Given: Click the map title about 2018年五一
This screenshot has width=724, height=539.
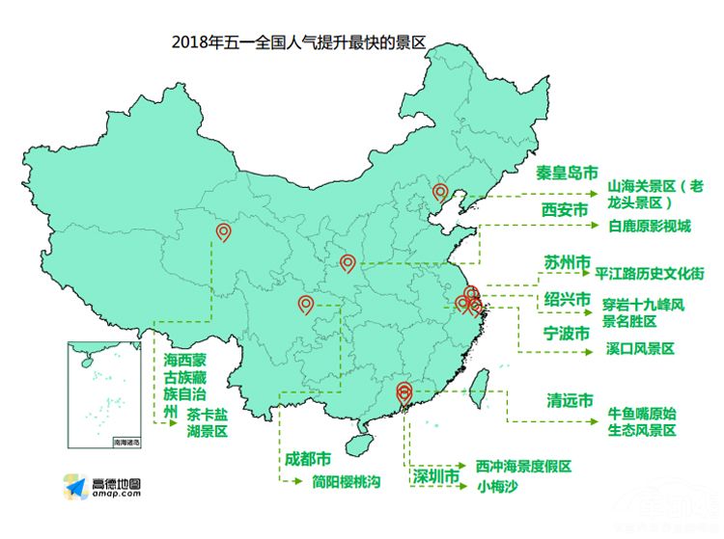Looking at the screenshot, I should tap(297, 41).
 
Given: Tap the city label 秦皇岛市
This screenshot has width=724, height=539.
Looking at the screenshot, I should tap(566, 174).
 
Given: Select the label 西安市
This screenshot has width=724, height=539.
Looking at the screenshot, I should tap(564, 209).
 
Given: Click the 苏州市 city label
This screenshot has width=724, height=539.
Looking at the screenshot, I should tap(566, 263).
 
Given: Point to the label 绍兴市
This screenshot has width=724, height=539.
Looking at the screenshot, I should tap(567, 300).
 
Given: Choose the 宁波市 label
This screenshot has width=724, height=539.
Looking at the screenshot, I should tap(567, 335).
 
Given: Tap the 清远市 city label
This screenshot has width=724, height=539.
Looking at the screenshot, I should tap(570, 401).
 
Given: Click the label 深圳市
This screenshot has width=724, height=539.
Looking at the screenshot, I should tap(437, 476).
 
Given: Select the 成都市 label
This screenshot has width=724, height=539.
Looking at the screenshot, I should tap(308, 458).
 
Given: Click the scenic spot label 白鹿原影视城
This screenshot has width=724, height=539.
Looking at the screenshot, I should tap(650, 228).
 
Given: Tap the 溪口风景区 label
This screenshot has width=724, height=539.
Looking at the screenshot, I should tap(640, 348).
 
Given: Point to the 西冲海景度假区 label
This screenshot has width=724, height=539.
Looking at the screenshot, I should tap(523, 465).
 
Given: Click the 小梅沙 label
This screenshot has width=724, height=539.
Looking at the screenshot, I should tap(496, 487).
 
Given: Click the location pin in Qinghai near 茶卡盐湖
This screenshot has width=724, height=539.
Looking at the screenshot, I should tap(224, 232).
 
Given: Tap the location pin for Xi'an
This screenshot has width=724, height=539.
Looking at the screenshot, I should tap(348, 262).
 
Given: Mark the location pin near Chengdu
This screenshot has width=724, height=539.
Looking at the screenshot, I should tap(306, 305).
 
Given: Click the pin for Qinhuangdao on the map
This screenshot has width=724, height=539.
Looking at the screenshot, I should tap(441, 192).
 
